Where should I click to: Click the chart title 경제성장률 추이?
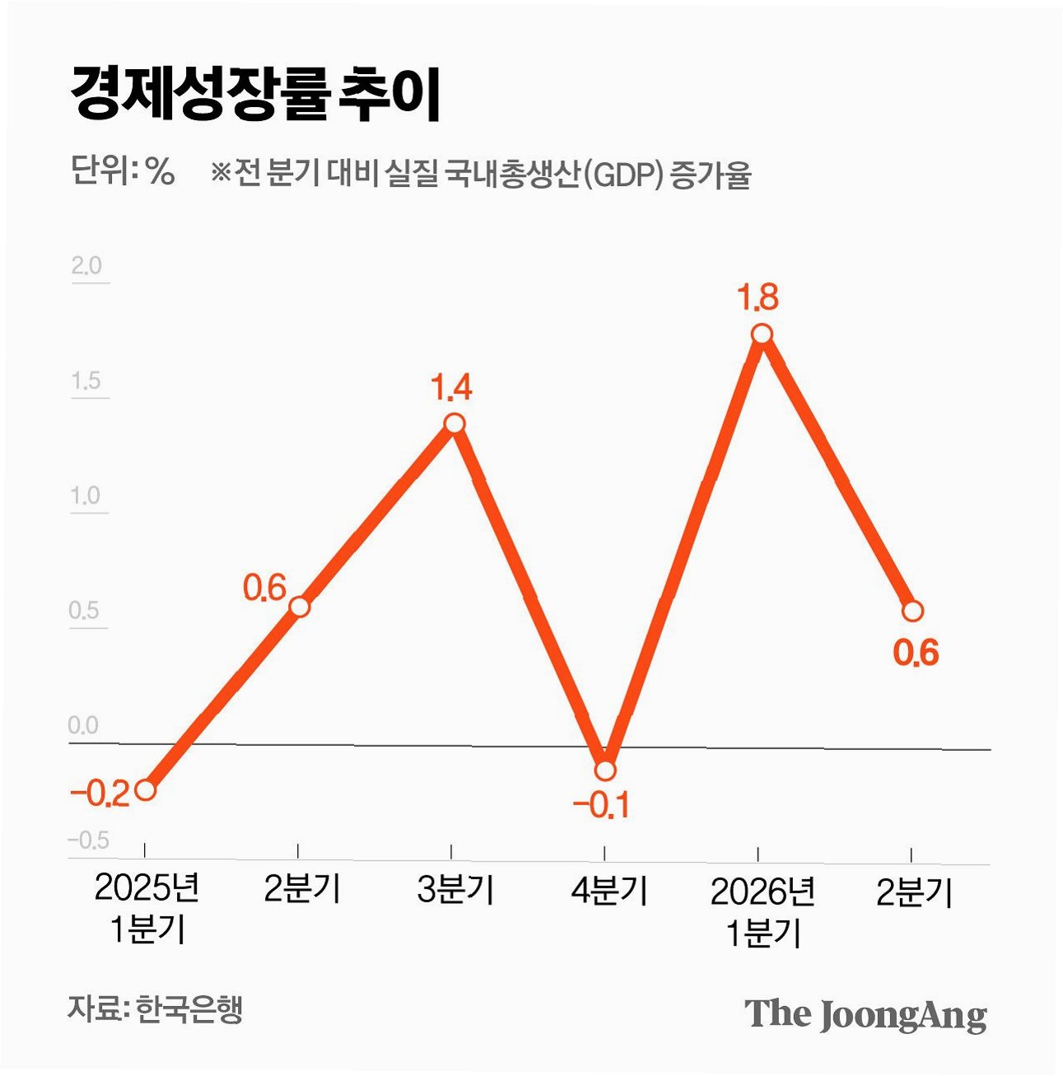point(256,94)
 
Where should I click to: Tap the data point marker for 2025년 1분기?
point(146,790)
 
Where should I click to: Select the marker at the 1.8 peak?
point(762,334)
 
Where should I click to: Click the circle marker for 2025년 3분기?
point(455,423)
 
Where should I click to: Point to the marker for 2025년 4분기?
point(605,770)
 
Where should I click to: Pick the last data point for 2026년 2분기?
point(912,611)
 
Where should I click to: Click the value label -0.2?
point(100,795)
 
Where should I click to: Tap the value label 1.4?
point(451,388)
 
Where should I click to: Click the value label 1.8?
point(758,297)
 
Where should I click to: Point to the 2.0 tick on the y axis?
point(86,266)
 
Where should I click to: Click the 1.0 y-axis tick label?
point(86,496)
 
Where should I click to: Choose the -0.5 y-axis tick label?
point(88,841)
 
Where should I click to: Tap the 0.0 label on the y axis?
point(83,725)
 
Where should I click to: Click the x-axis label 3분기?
point(455,889)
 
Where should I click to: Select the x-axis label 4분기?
point(608,890)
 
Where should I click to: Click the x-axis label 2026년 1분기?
point(762,912)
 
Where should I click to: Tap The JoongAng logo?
point(866,1014)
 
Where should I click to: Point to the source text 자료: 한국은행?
point(156,1008)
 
